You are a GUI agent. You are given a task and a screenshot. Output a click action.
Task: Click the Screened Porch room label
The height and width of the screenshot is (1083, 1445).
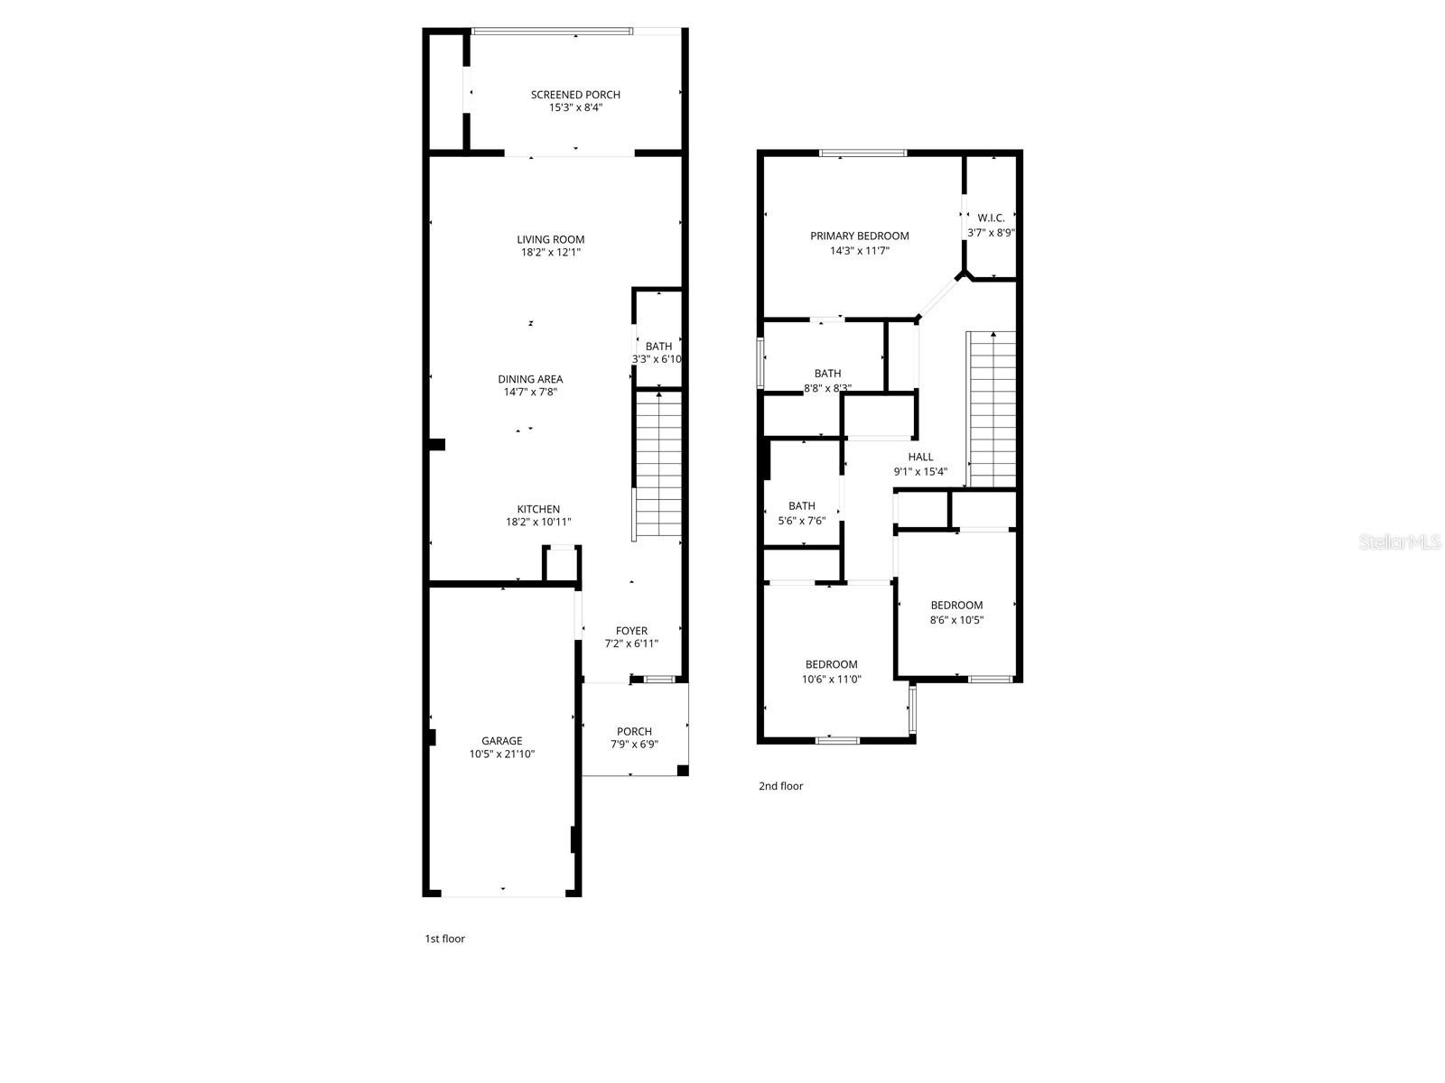pyautogui.click(x=575, y=95)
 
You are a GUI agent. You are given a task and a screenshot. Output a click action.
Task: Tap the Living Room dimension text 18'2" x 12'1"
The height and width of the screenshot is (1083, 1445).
pyautogui.click(x=550, y=253)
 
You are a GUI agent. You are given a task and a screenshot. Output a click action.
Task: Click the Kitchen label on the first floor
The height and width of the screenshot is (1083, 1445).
pyautogui.click(x=538, y=509)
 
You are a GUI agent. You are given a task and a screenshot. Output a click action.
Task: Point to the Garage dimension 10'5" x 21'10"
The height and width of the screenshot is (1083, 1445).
pyautogui.click(x=502, y=754)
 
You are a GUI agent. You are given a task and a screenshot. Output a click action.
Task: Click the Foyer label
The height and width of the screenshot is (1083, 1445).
pyautogui.click(x=631, y=631)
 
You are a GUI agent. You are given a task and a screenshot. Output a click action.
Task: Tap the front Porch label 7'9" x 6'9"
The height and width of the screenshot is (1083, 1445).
pyautogui.click(x=634, y=738)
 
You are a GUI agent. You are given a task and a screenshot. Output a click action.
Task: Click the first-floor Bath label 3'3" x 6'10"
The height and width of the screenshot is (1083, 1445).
pyautogui.click(x=657, y=352)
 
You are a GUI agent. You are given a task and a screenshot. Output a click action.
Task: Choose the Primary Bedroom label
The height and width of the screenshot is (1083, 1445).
pyautogui.click(x=859, y=236)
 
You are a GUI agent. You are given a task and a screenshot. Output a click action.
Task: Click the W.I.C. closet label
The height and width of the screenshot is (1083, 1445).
pyautogui.click(x=991, y=218)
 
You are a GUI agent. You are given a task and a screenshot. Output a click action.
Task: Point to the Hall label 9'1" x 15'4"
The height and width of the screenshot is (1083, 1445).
pyautogui.click(x=920, y=464)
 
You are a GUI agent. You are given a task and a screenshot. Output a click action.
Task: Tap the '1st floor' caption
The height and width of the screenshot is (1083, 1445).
pyautogui.click(x=444, y=939)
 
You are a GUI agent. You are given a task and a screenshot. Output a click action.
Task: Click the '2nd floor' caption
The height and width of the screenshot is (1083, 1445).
pyautogui.click(x=780, y=786)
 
